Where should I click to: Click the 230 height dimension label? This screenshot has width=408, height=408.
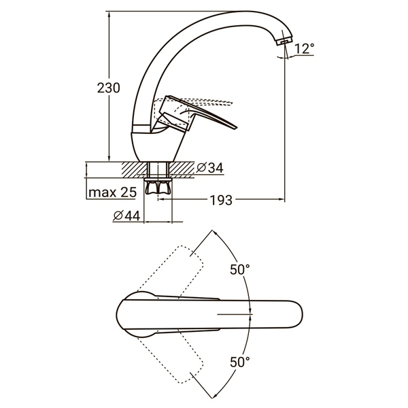[109, 88]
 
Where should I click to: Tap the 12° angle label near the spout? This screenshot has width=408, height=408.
[305, 49]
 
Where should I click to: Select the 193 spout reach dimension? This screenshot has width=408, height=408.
[221, 201]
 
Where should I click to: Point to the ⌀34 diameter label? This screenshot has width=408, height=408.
[209, 167]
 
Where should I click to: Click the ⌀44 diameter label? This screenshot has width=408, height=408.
[126, 216]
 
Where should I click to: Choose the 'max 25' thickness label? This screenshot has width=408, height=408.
[112, 192]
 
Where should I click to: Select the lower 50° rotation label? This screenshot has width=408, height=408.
[239, 362]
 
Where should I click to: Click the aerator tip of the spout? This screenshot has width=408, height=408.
[284, 41]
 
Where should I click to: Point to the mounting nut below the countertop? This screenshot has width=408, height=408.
[158, 186]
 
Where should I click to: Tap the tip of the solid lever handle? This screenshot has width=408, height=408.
[236, 128]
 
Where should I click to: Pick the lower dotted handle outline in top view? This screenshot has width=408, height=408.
[170, 359]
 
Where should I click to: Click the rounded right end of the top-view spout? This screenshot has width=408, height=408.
[299, 315]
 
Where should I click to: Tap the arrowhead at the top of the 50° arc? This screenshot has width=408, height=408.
[214, 232]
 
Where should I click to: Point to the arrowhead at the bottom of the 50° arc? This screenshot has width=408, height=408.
[214, 396]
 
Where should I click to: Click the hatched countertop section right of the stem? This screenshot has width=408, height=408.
[182, 169]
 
